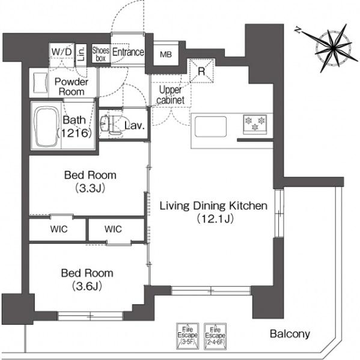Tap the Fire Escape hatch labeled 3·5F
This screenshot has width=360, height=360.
point(188,336)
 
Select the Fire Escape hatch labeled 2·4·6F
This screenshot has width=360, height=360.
point(215,336)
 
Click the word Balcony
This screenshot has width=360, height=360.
point(290,334)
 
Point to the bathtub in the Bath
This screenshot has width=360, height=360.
point(46,126)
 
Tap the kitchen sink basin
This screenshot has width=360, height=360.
point(210,126)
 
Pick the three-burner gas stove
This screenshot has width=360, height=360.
point(255,124)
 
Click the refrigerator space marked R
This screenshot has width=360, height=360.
point(201,70)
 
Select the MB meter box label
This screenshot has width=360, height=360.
point(166,55)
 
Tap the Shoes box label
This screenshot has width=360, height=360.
point(101,54)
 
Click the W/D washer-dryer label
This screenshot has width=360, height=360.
point(61,52)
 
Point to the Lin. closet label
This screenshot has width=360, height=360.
point(81,54)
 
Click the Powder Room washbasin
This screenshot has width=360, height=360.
point(40,83)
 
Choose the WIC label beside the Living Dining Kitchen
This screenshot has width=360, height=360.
point(113,229)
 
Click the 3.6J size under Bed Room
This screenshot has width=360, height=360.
point(87,286)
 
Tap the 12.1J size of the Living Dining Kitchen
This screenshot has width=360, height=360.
point(215,219)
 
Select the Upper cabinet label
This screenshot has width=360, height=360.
point(171,95)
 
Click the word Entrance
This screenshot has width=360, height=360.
point(128,52)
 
